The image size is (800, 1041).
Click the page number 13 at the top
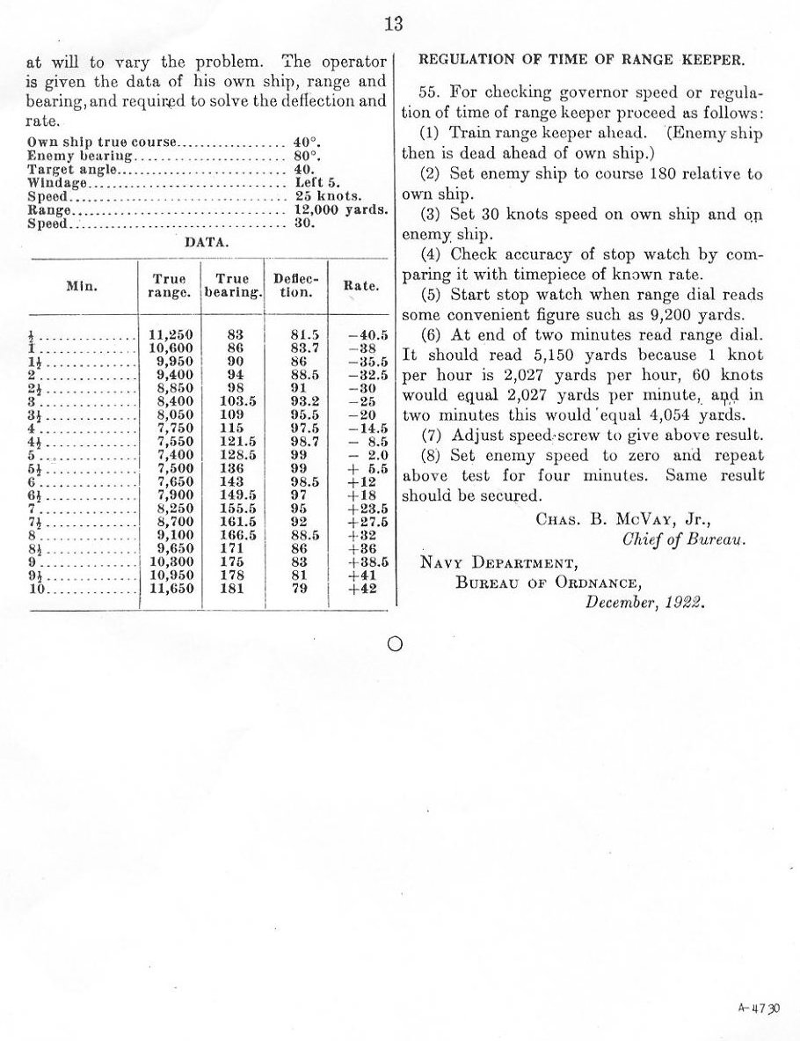pos(393,25)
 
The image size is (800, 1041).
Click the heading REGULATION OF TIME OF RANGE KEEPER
pos(581,60)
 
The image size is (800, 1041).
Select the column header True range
pos(169,286)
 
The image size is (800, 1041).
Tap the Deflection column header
pos(295,286)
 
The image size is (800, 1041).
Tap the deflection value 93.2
pos(296,401)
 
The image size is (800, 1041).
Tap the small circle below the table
pos(395,644)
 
